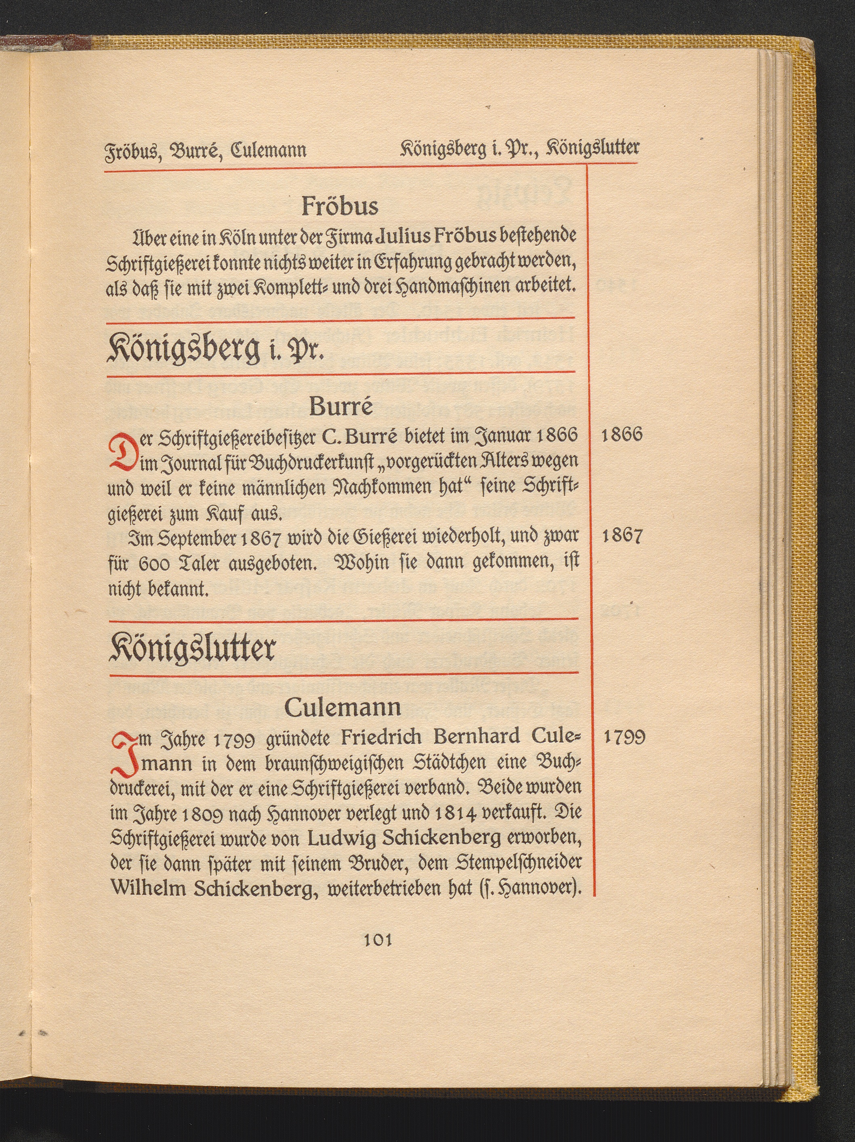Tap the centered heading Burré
tap(341, 407)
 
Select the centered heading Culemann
tap(342, 708)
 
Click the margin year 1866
tap(622, 435)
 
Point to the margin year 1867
tap(622, 537)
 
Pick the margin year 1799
tap(624, 737)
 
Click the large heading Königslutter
tap(192, 647)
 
